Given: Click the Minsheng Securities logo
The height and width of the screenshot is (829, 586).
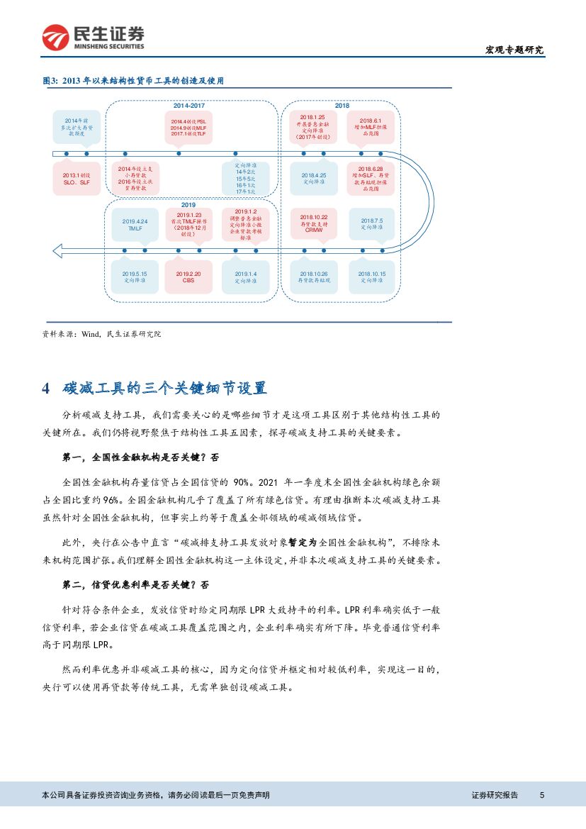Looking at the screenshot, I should tap(93, 37).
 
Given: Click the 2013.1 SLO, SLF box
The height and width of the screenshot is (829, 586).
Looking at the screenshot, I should tap(75, 178).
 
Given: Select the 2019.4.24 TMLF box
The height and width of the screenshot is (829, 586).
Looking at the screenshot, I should tap(135, 225).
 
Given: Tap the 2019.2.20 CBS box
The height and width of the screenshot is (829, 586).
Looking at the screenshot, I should tap(188, 277).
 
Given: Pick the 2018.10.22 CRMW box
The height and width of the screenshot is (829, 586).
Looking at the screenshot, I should tap(313, 223).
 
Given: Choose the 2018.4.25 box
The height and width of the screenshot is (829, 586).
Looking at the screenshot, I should tap(313, 178).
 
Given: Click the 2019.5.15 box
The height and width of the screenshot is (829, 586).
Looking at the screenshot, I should tap(135, 277).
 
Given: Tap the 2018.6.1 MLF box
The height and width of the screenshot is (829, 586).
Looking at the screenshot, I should tap(371, 126).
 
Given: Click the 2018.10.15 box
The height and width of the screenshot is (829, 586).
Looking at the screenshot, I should tap(371, 277).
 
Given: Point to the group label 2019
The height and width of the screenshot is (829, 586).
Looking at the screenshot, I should tap(188, 204).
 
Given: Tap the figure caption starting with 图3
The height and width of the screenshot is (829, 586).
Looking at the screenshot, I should tap(138, 81).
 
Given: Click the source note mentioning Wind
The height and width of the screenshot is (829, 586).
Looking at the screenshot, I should tap(102, 333).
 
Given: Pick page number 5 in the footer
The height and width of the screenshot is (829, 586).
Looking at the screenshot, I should tap(541, 795).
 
